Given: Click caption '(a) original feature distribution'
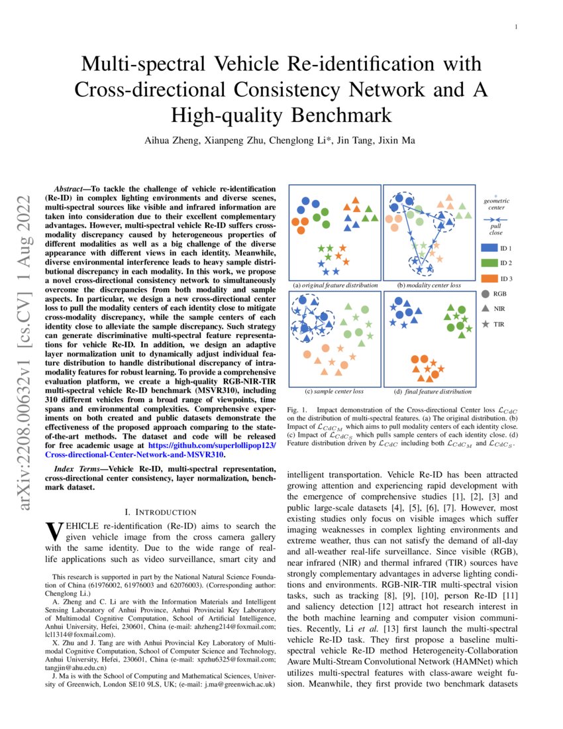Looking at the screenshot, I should click(x=335, y=285).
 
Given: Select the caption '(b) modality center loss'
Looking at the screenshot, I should click(x=429, y=285).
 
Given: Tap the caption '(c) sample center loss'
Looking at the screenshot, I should click(x=335, y=392).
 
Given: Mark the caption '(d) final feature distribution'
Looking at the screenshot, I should click(x=429, y=392).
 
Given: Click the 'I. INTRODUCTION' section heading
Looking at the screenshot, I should click(x=160, y=512).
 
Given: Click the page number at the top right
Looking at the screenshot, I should click(x=516, y=27).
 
